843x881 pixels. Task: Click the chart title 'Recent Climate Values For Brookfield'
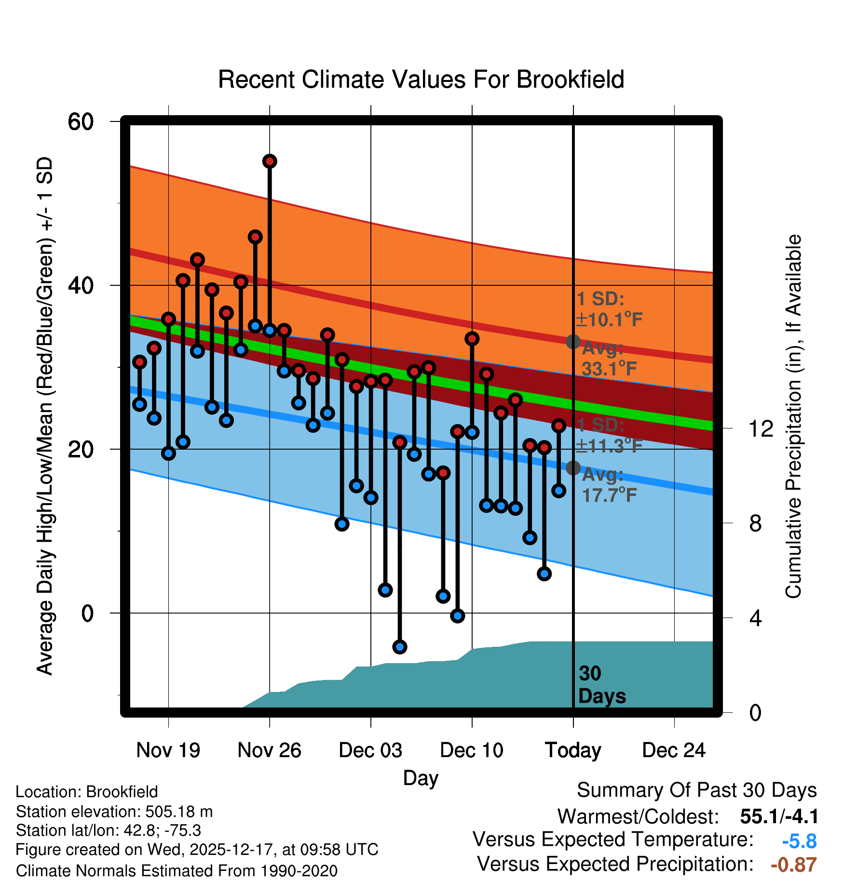tap(421, 80)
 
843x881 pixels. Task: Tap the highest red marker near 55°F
tap(270, 161)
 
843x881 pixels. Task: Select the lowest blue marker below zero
tap(399, 647)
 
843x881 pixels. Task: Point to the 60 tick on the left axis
tap(81, 121)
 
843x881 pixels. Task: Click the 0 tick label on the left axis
tap(87, 614)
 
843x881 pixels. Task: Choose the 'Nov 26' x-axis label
tap(269, 750)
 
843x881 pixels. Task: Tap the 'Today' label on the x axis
tap(573, 750)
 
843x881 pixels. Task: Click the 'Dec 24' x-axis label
tap(674, 750)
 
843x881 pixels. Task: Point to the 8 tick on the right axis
tap(755, 523)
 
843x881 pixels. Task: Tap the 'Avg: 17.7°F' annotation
tap(609, 485)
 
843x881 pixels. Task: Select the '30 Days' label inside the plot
tap(601, 685)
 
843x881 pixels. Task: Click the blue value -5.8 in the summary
tap(799, 841)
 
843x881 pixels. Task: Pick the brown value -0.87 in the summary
tap(793, 865)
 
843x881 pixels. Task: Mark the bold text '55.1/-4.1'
tap(779, 816)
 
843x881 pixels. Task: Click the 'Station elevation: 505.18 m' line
tap(114, 812)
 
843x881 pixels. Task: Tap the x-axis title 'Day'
tap(421, 778)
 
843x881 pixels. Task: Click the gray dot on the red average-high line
tap(573, 342)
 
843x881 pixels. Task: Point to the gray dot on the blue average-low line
tap(573, 467)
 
